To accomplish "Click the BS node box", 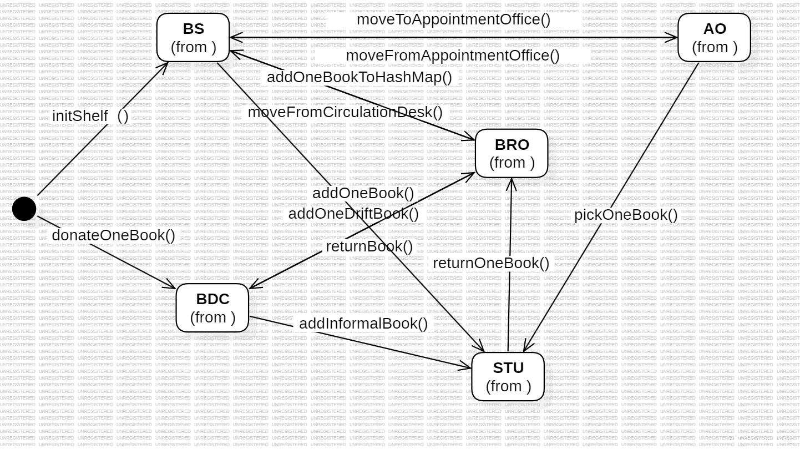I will (193, 37).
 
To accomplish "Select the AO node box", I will (714, 37).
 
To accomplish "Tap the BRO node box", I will (512, 153).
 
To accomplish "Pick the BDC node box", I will (212, 307).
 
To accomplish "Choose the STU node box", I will (508, 376).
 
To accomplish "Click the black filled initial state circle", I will (24, 208).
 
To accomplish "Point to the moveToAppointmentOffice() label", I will (453, 19).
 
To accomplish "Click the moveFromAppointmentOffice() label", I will (453, 56).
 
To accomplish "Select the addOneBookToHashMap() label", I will (360, 77).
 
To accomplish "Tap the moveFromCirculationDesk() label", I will (345, 112).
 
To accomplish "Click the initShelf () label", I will (90, 116).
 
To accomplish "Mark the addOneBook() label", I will (363, 193).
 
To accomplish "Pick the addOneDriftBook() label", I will (353, 214).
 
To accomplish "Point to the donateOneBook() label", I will (114, 235).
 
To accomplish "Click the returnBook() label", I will (369, 246).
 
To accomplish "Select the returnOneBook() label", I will (491, 263).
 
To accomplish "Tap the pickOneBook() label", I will (626, 215).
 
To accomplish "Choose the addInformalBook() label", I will (363, 324).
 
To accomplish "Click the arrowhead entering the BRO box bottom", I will (511, 182).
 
